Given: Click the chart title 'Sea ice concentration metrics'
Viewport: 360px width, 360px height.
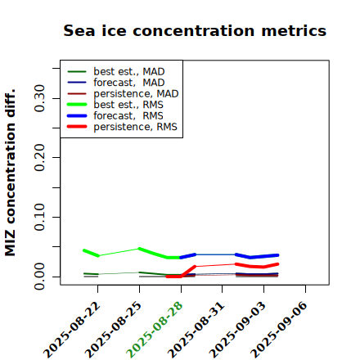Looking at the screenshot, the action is coord(195,30).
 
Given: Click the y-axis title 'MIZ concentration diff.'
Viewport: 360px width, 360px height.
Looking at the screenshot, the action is coord(10,173).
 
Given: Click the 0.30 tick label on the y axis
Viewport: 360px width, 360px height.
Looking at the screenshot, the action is coord(39,98).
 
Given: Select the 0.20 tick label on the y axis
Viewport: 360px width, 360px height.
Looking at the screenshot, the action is coord(39,158).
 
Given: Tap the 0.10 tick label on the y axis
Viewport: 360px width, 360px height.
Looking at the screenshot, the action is coord(39,217).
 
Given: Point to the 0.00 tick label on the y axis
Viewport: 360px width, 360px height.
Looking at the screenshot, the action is coord(39,277).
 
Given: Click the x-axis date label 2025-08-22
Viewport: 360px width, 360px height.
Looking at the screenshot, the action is coord(72,331).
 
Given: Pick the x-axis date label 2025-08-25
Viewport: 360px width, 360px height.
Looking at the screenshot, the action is coord(114,331).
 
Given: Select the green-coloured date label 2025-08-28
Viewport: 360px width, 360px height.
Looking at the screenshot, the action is coord(155,331).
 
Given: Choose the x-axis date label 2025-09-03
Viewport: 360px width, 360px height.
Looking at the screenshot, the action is coord(238,331).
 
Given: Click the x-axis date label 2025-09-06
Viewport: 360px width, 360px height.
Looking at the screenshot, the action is coord(280,331).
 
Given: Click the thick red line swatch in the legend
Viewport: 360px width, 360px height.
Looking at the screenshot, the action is coord(77,127).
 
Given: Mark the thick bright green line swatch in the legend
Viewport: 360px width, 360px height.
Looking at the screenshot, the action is coord(77,105).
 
